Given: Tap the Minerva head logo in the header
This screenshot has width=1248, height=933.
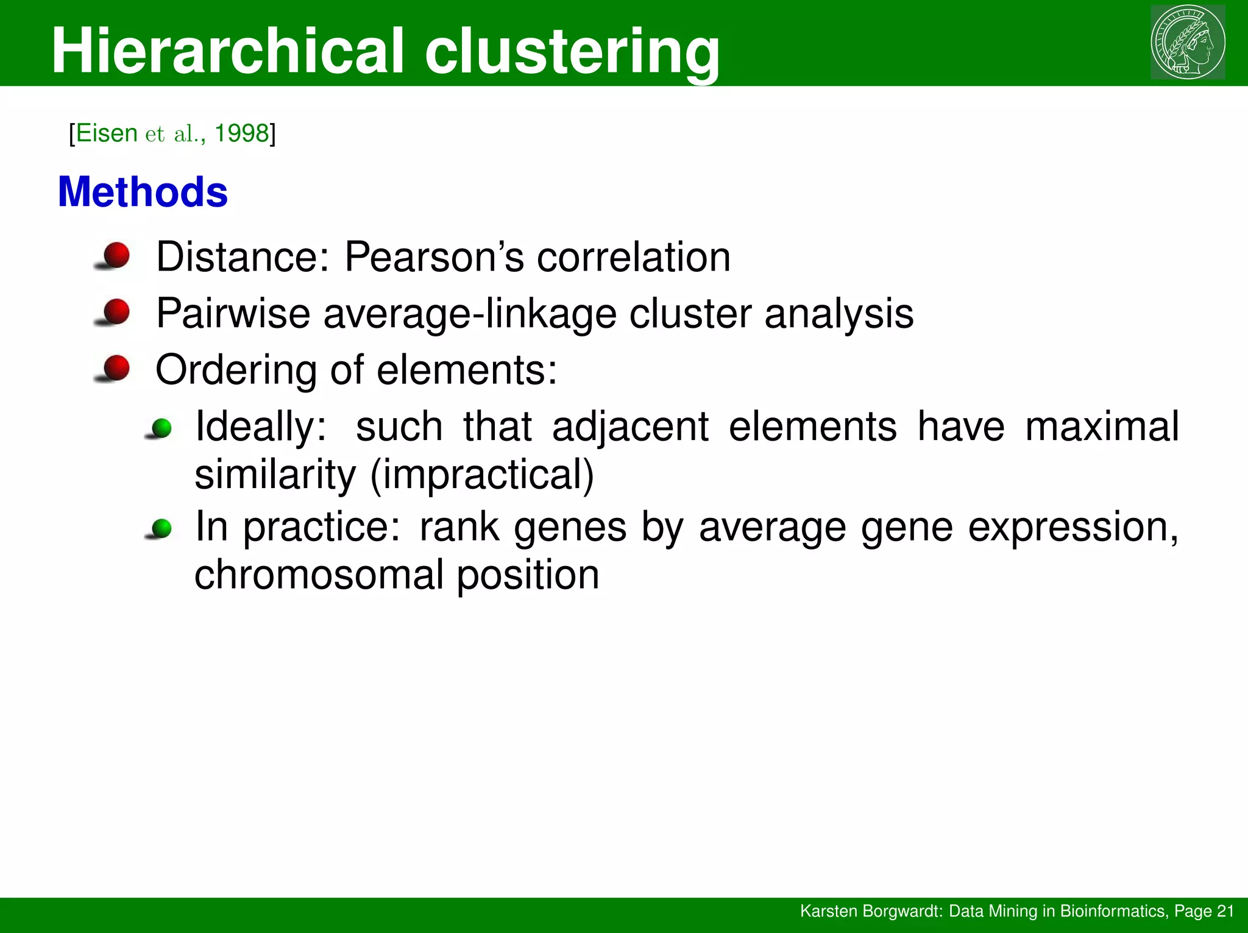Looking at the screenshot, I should click(x=1188, y=41).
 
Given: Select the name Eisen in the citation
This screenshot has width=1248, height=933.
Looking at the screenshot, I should click(x=107, y=133).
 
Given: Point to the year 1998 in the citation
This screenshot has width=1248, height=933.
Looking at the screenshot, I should click(x=241, y=133).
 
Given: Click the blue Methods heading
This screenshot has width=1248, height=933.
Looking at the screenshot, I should click(x=143, y=192).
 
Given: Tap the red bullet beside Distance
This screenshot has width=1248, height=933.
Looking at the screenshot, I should click(x=116, y=255).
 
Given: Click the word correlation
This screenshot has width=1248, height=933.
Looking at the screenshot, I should click(x=633, y=257).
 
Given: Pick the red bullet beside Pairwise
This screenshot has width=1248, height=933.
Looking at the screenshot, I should click(x=116, y=311).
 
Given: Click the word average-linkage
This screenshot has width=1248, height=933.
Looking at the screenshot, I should click(x=469, y=314).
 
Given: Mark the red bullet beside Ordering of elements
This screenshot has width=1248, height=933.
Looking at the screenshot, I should click(x=116, y=368).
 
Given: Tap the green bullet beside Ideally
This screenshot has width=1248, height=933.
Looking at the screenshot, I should click(x=161, y=428).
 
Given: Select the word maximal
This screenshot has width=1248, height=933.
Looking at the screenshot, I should click(x=1102, y=426).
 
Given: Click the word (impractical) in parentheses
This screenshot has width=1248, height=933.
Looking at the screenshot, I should click(x=482, y=475).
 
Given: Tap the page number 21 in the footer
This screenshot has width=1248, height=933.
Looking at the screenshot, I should click(x=1225, y=911).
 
